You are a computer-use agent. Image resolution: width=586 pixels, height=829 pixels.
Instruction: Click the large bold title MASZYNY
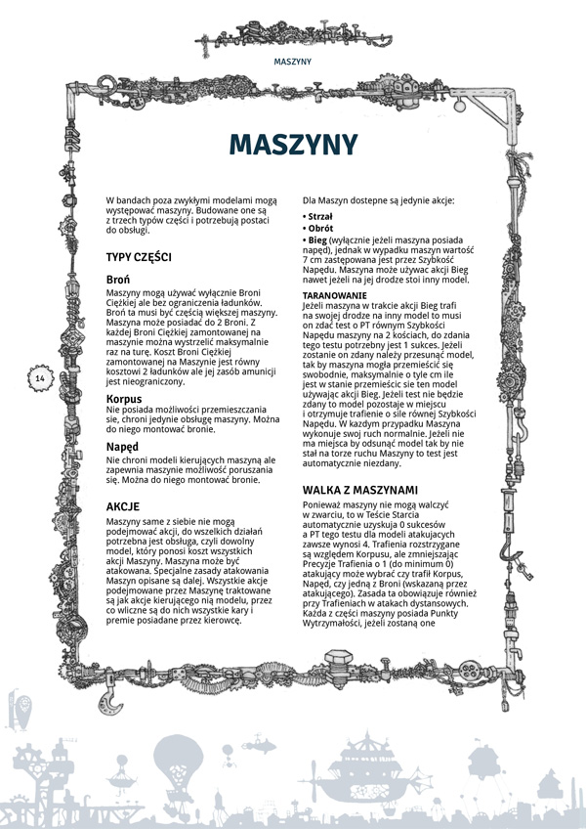pyautogui.click(x=293, y=145)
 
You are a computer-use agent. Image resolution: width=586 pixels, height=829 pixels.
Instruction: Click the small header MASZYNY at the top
pyautogui.click(x=292, y=61)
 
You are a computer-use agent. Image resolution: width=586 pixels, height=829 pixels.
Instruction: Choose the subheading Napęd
pyautogui.click(x=122, y=447)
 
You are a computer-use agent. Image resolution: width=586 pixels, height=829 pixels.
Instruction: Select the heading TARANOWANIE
pyautogui.click(x=335, y=294)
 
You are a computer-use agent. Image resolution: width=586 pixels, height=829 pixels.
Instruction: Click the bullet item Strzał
pyautogui.click(x=319, y=216)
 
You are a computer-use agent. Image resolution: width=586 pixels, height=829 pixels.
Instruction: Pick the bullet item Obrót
pyautogui.click(x=319, y=228)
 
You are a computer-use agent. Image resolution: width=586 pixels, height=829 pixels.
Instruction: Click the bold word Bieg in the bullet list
pyautogui.click(x=318, y=240)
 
